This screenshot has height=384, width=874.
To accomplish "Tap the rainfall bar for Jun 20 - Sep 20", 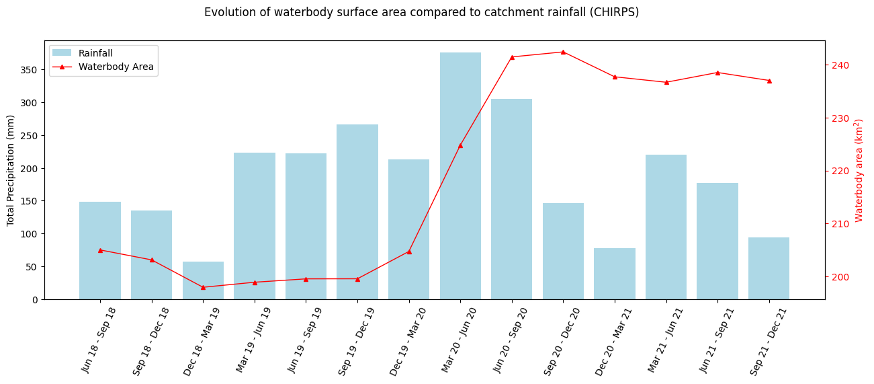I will (512, 199).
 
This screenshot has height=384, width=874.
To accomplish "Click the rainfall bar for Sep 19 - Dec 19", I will (357, 212).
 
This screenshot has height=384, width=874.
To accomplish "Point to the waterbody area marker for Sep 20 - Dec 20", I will (563, 52).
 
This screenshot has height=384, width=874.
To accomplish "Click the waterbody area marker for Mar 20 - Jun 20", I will (460, 145).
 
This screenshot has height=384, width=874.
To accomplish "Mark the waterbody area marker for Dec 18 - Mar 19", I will (203, 287).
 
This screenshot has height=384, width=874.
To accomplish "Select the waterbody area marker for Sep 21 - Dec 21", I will (769, 81).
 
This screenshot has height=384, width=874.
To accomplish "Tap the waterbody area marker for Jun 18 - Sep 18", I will (100, 250).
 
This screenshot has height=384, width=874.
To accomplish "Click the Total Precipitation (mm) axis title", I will (11, 170).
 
